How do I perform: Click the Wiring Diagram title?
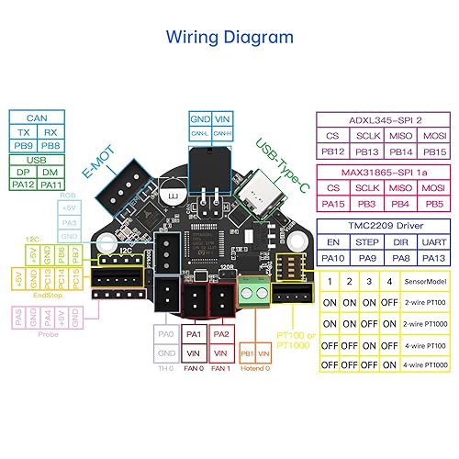[229, 37]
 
